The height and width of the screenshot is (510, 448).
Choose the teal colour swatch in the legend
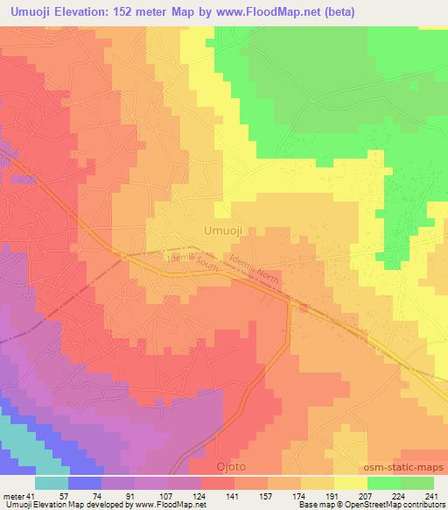coord(52,483)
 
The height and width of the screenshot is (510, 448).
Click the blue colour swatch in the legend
coord(85,483)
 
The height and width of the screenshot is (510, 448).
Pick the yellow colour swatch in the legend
coord(351,483)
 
